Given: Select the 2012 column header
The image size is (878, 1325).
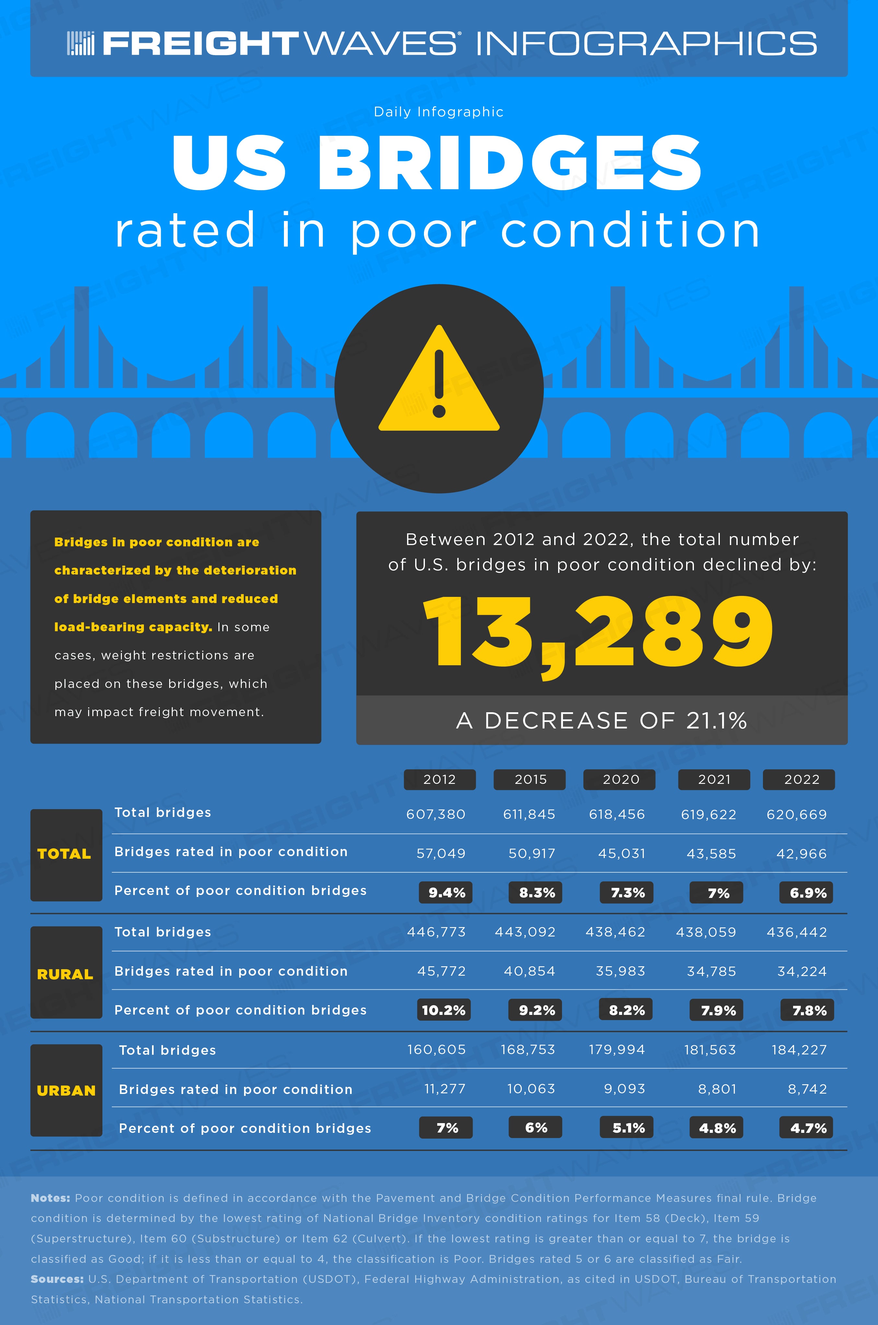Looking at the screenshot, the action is coord(439,779).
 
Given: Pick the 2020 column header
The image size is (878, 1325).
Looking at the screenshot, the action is coord(619,779).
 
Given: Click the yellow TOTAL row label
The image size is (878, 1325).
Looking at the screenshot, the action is coord(64,854).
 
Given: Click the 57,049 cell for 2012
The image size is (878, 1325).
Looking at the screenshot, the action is coord(441,854).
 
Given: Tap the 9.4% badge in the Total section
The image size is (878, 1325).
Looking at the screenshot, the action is coord(446,893).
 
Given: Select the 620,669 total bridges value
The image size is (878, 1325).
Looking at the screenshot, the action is coord(797,815).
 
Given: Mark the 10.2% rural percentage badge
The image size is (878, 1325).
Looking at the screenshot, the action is coord(443,1010).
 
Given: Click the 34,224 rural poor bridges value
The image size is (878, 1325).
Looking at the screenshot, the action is coord(802,971).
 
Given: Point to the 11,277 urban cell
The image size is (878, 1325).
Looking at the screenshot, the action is coord(445,1089).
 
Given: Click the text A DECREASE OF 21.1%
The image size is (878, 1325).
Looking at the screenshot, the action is coord(602,720).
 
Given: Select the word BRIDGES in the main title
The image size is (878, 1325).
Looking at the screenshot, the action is coord(509,162).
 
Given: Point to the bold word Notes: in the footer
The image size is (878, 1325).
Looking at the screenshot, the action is coord(50,1198).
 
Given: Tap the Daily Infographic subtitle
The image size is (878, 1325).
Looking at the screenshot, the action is coord(439,112).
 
